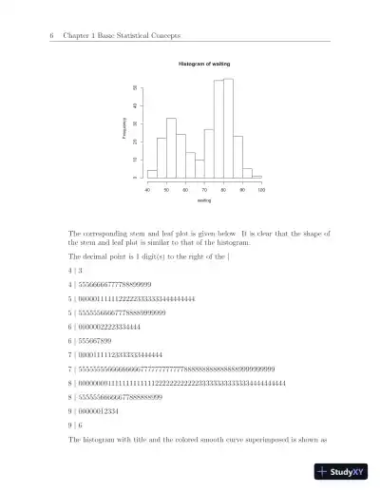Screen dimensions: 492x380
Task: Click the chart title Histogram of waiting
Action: (x=204, y=64)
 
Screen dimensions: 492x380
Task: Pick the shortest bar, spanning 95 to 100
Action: (x=256, y=177)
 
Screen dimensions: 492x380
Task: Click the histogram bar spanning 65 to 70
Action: (x=199, y=169)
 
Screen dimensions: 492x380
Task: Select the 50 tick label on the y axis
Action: (x=135, y=87)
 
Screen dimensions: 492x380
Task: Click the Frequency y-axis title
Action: (x=124, y=129)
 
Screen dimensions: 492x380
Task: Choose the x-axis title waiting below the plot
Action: (x=204, y=200)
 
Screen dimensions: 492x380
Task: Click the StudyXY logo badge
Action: (x=341, y=470)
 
